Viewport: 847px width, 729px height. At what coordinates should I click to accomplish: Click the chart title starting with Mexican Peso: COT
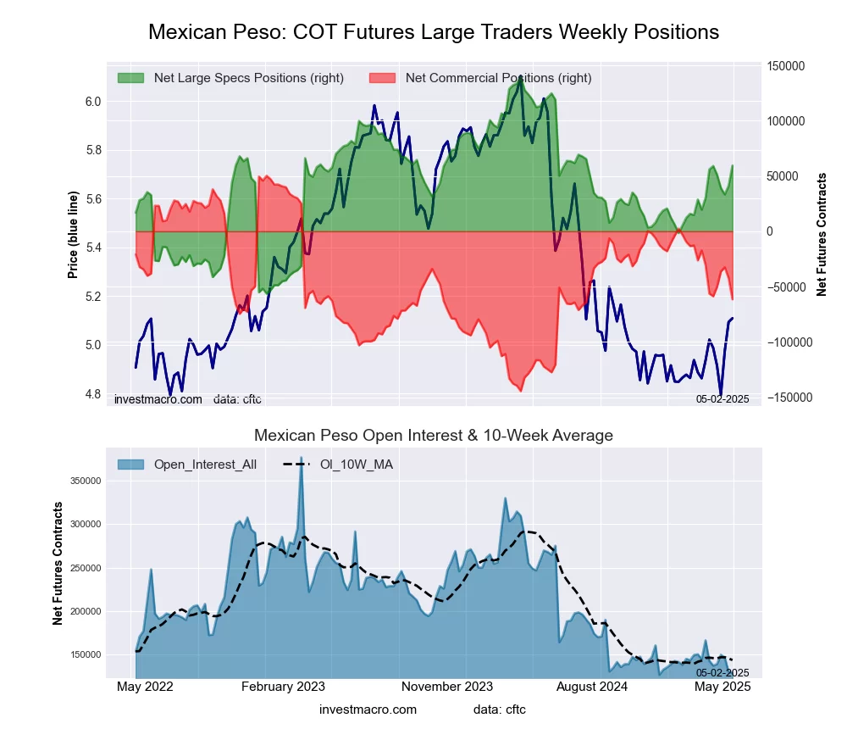pyautogui.click(x=433, y=32)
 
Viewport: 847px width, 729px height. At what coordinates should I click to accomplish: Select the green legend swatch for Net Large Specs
pyautogui.click(x=131, y=78)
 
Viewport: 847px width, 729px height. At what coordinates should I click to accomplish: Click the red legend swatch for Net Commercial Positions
pyautogui.click(x=383, y=78)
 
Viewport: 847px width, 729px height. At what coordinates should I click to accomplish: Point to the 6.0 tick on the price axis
pyautogui.click(x=92, y=102)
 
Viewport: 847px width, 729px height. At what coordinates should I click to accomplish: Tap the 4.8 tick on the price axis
pyautogui.click(x=92, y=394)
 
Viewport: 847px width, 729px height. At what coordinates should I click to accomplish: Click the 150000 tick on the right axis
pyautogui.click(x=785, y=66)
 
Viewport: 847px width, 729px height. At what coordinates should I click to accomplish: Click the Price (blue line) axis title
pyautogui.click(x=74, y=235)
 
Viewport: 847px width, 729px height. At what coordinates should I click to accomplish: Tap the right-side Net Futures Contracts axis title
pyautogui.click(x=822, y=235)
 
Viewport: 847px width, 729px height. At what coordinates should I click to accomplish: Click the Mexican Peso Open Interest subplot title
pyautogui.click(x=433, y=436)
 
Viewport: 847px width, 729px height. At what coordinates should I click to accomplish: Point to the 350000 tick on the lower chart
pyautogui.click(x=86, y=481)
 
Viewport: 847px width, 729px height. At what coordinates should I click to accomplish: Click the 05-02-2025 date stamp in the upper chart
pyautogui.click(x=722, y=398)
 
